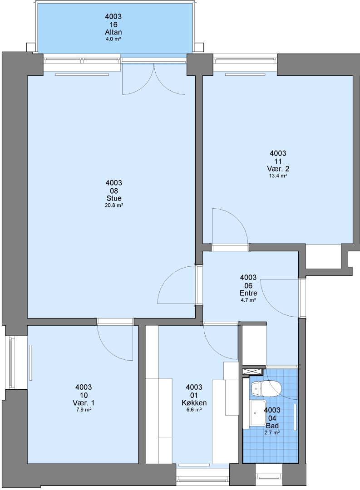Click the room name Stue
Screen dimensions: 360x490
[x=114, y=198]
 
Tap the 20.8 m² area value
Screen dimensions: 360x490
[x=114, y=206]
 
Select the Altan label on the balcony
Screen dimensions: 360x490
[x=113, y=32]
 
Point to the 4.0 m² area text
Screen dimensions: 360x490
[x=113, y=39]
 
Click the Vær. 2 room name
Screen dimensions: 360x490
[x=278, y=169]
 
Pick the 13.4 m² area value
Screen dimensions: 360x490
[x=278, y=176]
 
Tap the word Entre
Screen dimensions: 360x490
[x=248, y=293]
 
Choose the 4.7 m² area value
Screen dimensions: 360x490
[x=248, y=300]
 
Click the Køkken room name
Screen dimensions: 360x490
[x=194, y=403]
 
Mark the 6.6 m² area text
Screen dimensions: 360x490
[x=194, y=410]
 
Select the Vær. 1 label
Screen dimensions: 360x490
[x=84, y=403]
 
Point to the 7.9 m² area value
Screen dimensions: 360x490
[x=84, y=410]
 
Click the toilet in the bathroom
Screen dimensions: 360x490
[x=266, y=388]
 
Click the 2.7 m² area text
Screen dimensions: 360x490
[x=272, y=433]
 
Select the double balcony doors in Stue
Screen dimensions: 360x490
[x=153, y=78]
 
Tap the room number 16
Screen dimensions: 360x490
[x=113, y=24]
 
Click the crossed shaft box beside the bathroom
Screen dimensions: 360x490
[x=253, y=372]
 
